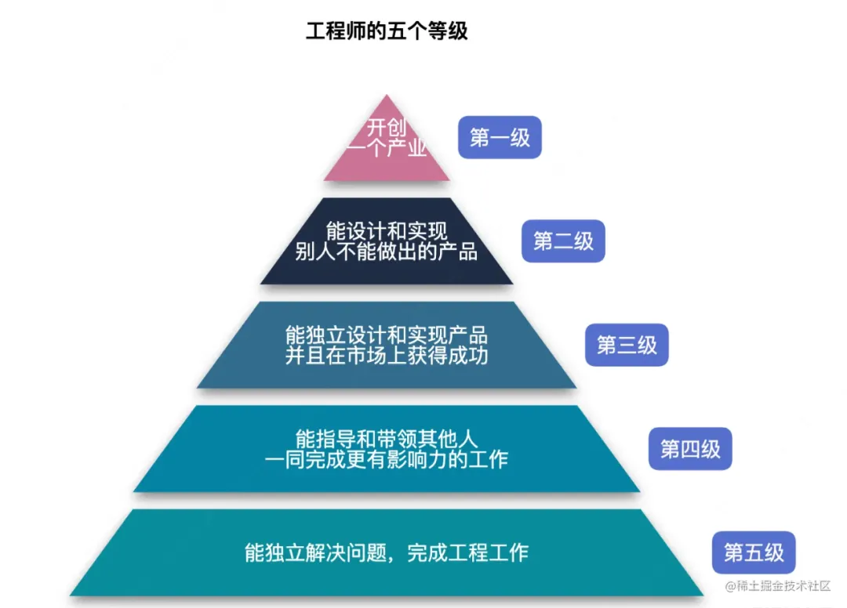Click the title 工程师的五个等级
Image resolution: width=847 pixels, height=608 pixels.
(387, 31)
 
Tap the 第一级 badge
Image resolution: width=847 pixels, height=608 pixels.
(500, 138)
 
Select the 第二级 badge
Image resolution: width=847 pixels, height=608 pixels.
(563, 241)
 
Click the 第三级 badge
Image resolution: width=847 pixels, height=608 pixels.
(627, 345)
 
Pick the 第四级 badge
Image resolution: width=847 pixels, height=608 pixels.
(690, 449)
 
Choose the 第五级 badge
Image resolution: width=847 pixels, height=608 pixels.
(754, 552)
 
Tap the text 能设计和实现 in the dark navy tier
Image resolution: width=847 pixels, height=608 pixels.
(387, 231)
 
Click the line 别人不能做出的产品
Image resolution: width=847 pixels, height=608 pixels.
(387, 252)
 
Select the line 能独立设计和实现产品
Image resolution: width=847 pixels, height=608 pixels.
(387, 335)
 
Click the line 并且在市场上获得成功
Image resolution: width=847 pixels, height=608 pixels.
(387, 356)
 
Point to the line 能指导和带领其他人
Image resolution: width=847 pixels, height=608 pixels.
(387, 438)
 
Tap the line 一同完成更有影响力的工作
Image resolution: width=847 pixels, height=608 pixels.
(387, 459)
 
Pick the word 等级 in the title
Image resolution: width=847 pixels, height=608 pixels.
(448, 31)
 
